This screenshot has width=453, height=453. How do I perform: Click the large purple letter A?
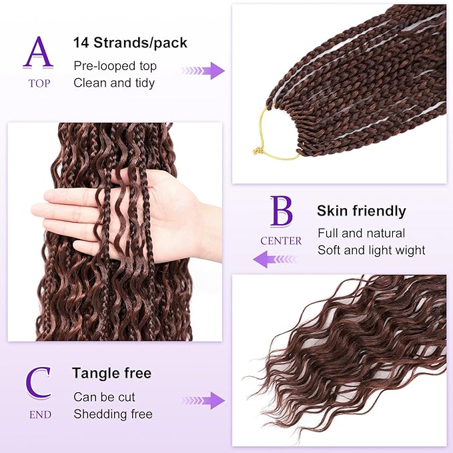39,52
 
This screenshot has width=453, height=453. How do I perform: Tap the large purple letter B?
281,211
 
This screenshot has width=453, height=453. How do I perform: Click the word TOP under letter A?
39,83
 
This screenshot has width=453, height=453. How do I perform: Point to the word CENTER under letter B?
281,241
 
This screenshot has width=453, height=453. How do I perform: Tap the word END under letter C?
39,414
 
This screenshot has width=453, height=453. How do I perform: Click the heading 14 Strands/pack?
130,43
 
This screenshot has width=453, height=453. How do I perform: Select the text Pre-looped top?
115,66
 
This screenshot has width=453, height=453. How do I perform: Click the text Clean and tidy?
114,83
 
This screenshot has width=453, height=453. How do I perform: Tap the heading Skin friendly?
361,211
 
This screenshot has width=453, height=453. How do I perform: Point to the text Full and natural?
361,234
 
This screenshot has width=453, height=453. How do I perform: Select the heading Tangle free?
112,373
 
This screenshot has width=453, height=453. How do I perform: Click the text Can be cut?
104,397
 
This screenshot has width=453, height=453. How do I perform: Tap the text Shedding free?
113,414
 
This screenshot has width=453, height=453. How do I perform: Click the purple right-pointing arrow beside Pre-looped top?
203,71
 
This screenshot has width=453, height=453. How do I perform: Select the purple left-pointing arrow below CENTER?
274,259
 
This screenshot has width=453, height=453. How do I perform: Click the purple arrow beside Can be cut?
203,400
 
